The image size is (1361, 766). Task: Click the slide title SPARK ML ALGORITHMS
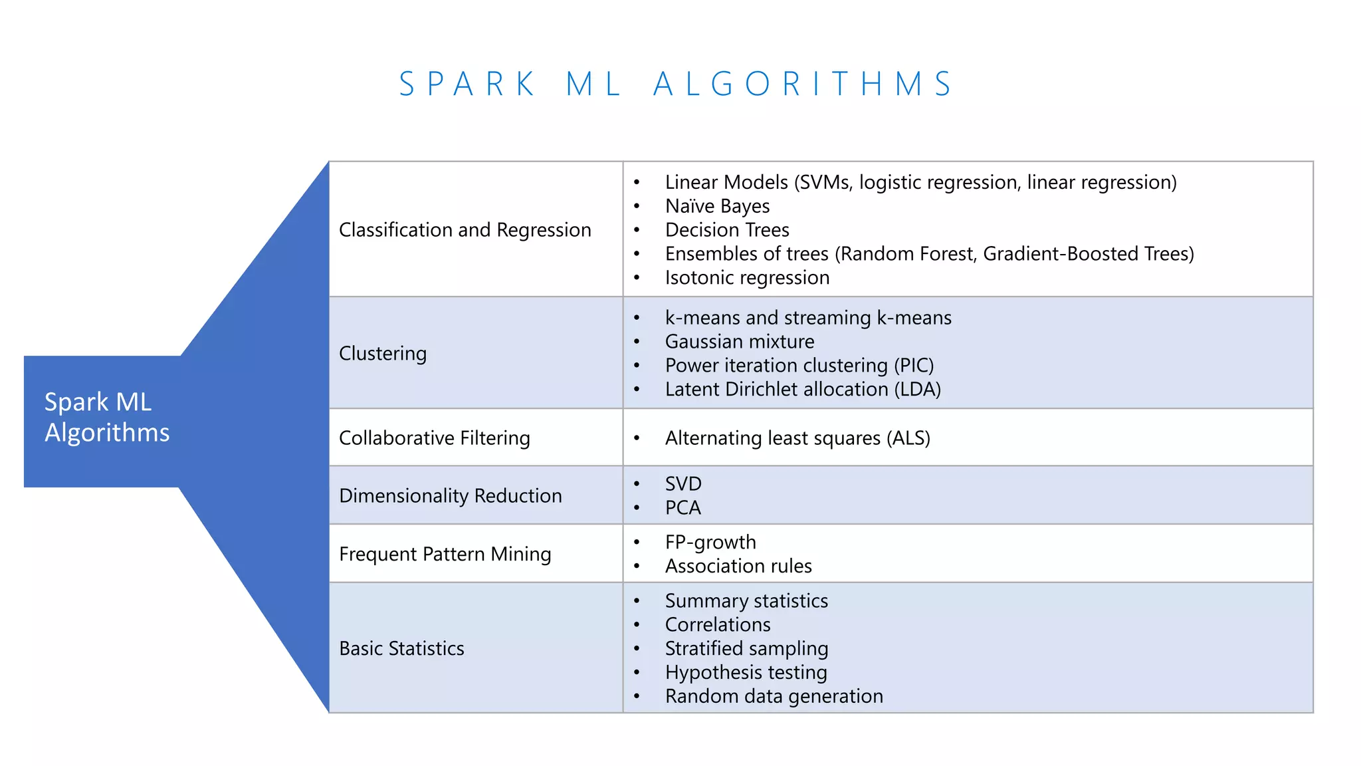(x=677, y=84)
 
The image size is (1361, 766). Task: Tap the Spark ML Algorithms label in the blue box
(x=107, y=418)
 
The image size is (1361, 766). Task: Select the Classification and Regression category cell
(x=465, y=230)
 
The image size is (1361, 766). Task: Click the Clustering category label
(x=383, y=354)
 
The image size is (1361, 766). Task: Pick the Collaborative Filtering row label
(x=435, y=438)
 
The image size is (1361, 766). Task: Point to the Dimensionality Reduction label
(x=451, y=496)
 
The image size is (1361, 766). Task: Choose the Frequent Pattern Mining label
(x=445, y=555)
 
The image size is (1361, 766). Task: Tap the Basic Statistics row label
(x=401, y=649)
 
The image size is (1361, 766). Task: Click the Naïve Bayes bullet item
(x=717, y=207)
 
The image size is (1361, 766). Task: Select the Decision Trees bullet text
(x=727, y=230)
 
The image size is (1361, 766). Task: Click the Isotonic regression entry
(x=747, y=278)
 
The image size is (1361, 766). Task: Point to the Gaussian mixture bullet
(x=740, y=342)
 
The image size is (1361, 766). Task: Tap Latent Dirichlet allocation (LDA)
(x=803, y=390)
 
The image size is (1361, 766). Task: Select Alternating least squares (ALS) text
(x=797, y=438)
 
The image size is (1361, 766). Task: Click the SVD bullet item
(x=683, y=484)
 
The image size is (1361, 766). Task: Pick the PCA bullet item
(x=683, y=508)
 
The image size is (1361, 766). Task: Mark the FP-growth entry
(x=710, y=543)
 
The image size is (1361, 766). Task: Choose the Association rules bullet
(x=738, y=567)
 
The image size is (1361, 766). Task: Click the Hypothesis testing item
(x=746, y=673)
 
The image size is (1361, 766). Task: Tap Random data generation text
(x=774, y=697)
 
